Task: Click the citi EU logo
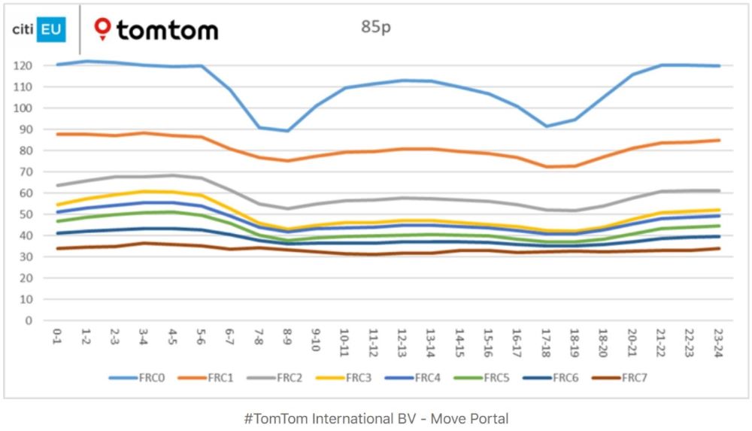pyautogui.click(x=39, y=29)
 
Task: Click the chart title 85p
pyautogui.click(x=376, y=28)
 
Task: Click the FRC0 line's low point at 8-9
pyautogui.click(x=287, y=131)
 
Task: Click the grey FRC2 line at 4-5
pyautogui.click(x=173, y=176)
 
